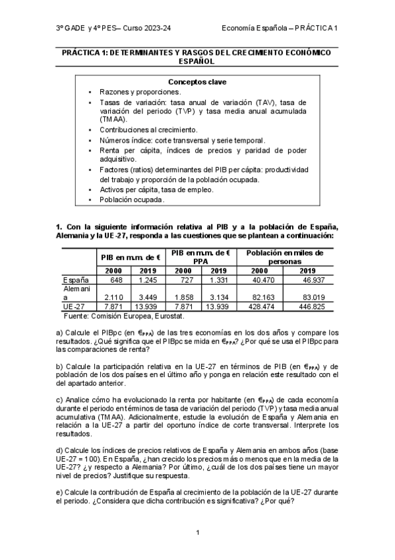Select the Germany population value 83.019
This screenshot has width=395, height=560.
click(308, 298)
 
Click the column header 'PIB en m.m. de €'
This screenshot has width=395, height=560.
click(131, 258)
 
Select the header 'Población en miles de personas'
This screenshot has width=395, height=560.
click(285, 257)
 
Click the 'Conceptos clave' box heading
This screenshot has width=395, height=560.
click(197, 82)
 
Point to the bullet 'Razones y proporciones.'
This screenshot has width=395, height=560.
click(131, 92)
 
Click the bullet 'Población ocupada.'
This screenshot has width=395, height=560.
click(123, 199)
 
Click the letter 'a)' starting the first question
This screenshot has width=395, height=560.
click(60, 332)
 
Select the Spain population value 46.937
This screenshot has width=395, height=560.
click(308, 280)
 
